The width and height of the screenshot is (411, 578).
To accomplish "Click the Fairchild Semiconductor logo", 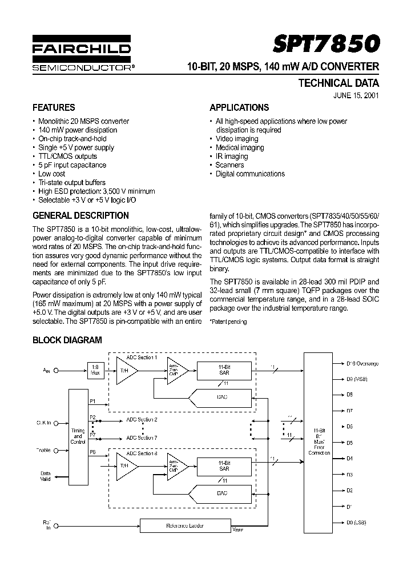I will tap(82, 56).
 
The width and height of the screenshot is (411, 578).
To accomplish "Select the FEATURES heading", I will tap(54, 107).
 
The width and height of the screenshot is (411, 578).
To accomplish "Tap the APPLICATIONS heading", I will tap(239, 107).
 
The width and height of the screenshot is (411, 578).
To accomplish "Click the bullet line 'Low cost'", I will tap(51, 174).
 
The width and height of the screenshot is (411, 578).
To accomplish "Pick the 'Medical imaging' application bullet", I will tap(240, 147).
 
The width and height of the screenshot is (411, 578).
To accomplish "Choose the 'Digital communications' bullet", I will tap(250, 174).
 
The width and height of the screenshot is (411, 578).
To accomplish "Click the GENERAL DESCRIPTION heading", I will tap(80, 216).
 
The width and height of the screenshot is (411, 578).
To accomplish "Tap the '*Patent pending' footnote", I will tap(228, 322).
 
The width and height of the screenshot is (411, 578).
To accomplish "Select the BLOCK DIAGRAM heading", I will tap(67, 340).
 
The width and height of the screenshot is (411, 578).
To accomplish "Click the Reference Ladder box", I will tap(184, 525).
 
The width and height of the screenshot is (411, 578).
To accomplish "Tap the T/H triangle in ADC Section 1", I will tap(124, 370).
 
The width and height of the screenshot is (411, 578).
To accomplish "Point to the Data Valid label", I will tap(46, 476).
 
